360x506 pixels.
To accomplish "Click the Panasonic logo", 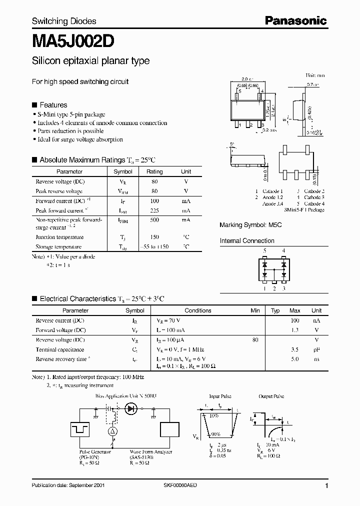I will [295, 20].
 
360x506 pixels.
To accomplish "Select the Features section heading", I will [53, 105].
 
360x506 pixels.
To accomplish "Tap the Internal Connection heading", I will [247, 241].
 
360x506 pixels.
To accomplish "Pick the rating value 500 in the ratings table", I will [154, 219].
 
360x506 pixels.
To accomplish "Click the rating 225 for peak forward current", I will [154, 211].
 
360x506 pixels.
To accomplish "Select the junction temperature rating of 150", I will [154, 237].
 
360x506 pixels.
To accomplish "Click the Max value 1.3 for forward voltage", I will [295, 330].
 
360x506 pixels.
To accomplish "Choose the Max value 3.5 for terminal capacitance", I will [295, 349].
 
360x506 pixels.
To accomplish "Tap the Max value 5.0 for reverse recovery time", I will [295, 359].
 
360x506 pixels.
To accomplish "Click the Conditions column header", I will [198, 310].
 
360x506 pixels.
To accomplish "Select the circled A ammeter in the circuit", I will [113, 431].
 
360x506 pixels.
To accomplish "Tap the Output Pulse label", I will [272, 396].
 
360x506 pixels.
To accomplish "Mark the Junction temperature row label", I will [59, 237].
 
